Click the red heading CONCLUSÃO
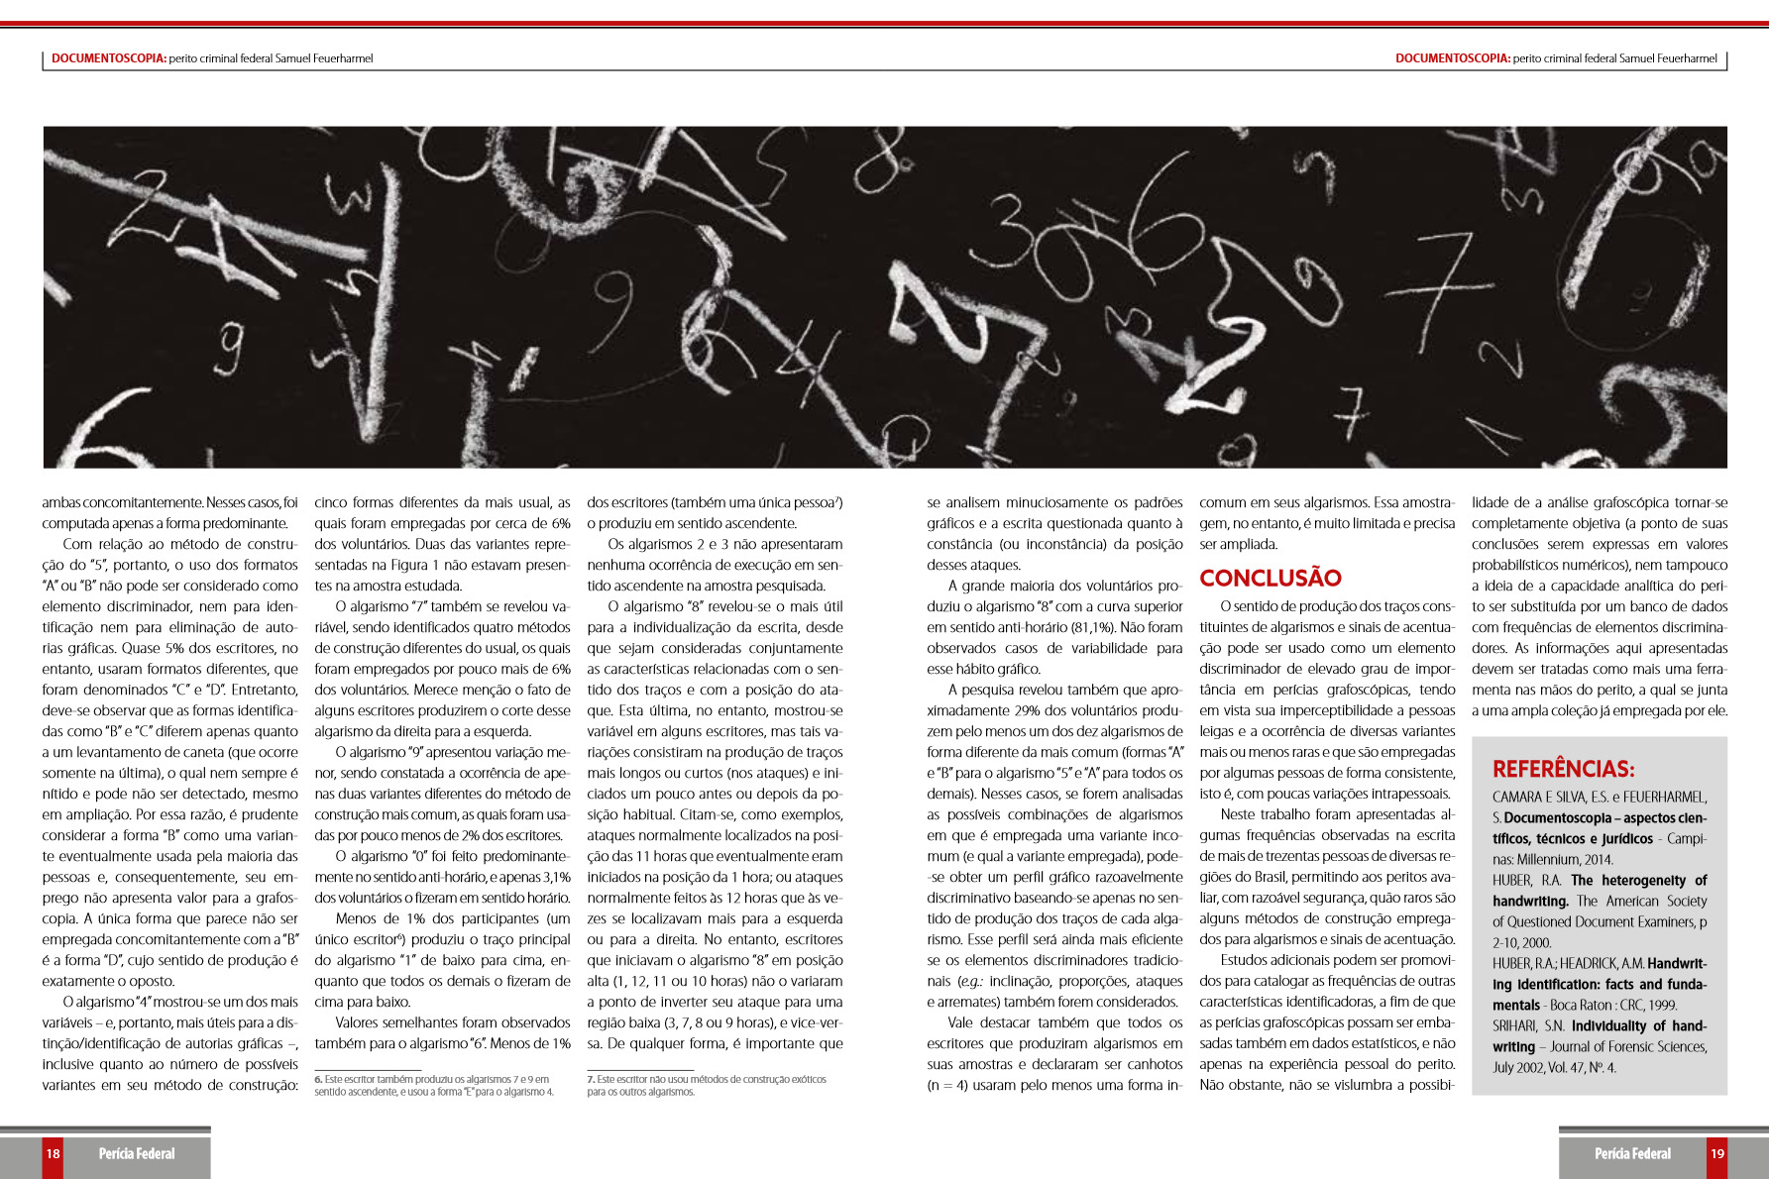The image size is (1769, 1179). pyautogui.click(x=1270, y=578)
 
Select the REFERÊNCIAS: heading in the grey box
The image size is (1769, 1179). pyautogui.click(x=1563, y=769)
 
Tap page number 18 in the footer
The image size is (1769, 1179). pyautogui.click(x=53, y=1153)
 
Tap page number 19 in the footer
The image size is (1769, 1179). pyautogui.click(x=1717, y=1153)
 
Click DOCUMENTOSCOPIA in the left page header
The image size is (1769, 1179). pyautogui.click(x=108, y=58)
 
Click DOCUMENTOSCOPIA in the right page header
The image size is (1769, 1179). pyautogui.click(x=1452, y=58)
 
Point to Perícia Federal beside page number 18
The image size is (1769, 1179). pyautogui.click(x=137, y=1153)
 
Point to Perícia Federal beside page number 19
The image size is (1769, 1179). pyautogui.click(x=1632, y=1153)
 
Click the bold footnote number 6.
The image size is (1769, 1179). pyautogui.click(x=318, y=1079)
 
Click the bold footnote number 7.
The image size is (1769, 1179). pyautogui.click(x=591, y=1079)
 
